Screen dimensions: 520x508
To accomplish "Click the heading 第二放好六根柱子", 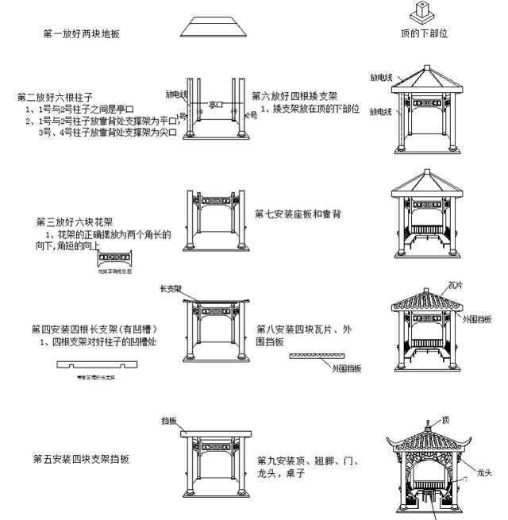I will (x=56, y=98).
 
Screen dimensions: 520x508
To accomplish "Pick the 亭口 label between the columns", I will (x=215, y=104).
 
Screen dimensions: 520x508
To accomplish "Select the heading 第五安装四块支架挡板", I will (x=81, y=459).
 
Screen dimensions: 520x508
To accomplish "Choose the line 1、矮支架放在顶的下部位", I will (x=310, y=108).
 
